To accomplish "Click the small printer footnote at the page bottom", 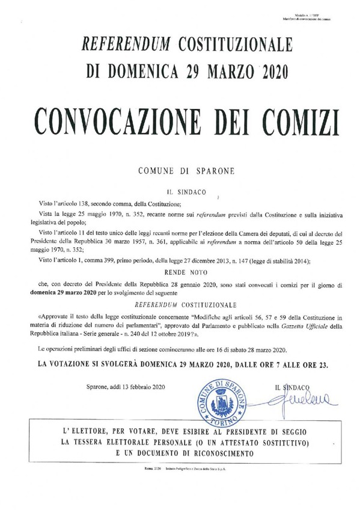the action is [x=180, y=483].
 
